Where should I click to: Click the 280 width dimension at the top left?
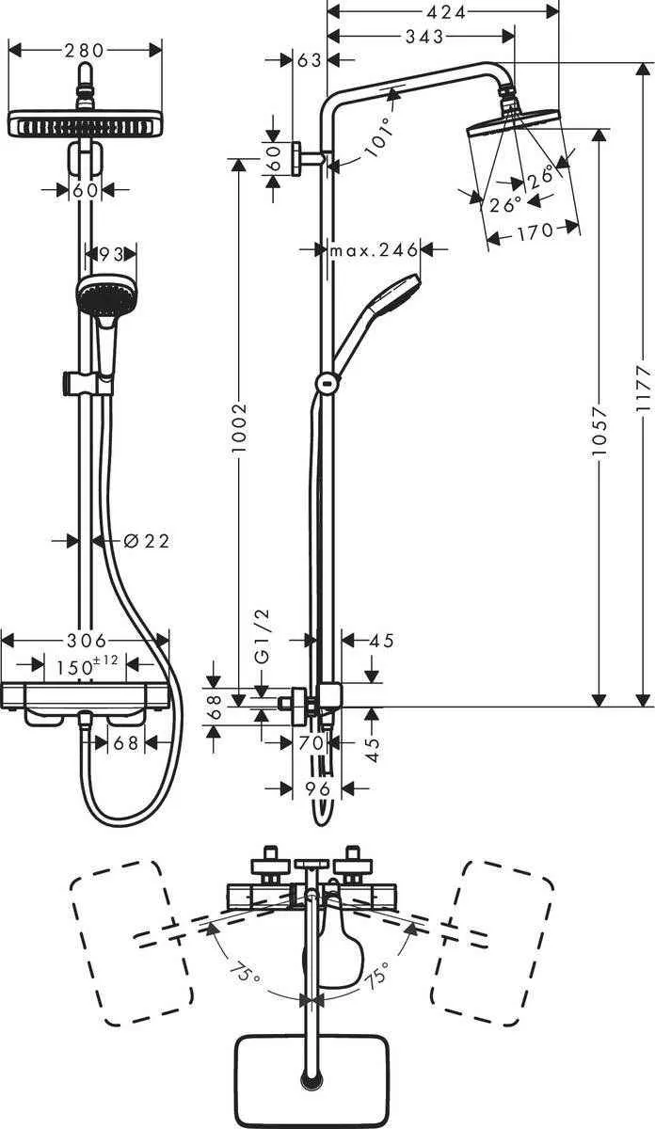(x=85, y=50)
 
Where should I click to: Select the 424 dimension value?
(x=442, y=13)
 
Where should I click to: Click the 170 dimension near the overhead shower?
(x=534, y=231)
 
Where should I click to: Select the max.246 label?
(x=374, y=250)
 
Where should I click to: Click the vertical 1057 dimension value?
(x=599, y=433)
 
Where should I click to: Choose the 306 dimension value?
(x=85, y=640)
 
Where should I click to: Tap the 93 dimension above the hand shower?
(x=111, y=253)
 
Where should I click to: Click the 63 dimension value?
(x=309, y=60)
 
